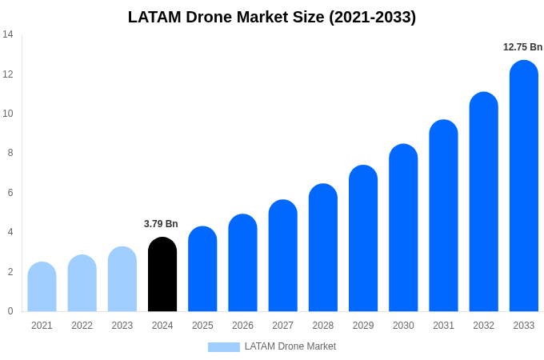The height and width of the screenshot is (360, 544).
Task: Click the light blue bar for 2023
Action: [x=122, y=279]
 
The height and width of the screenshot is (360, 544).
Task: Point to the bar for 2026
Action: [x=242, y=263]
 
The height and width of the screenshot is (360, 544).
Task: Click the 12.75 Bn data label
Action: [x=522, y=47]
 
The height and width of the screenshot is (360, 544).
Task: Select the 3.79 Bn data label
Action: [x=161, y=224]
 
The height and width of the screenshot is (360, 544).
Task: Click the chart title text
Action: [x=272, y=17]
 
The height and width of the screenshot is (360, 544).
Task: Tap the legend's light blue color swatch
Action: [x=223, y=347]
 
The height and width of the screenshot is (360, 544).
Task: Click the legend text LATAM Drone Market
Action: [x=290, y=346]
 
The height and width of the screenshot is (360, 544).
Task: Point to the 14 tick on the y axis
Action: [x=8, y=34]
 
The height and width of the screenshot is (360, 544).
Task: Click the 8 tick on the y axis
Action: [x=8, y=153]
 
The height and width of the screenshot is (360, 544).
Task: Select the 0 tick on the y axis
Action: [x=10, y=311]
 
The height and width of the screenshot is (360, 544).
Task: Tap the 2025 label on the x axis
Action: [x=202, y=326]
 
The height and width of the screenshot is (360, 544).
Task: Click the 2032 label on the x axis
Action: [x=483, y=326]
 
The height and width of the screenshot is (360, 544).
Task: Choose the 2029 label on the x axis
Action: [x=363, y=326]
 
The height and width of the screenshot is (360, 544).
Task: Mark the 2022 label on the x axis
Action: [x=82, y=326]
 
